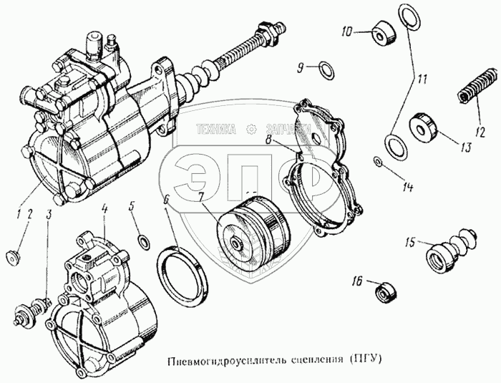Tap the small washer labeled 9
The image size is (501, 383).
coord(324,69)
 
